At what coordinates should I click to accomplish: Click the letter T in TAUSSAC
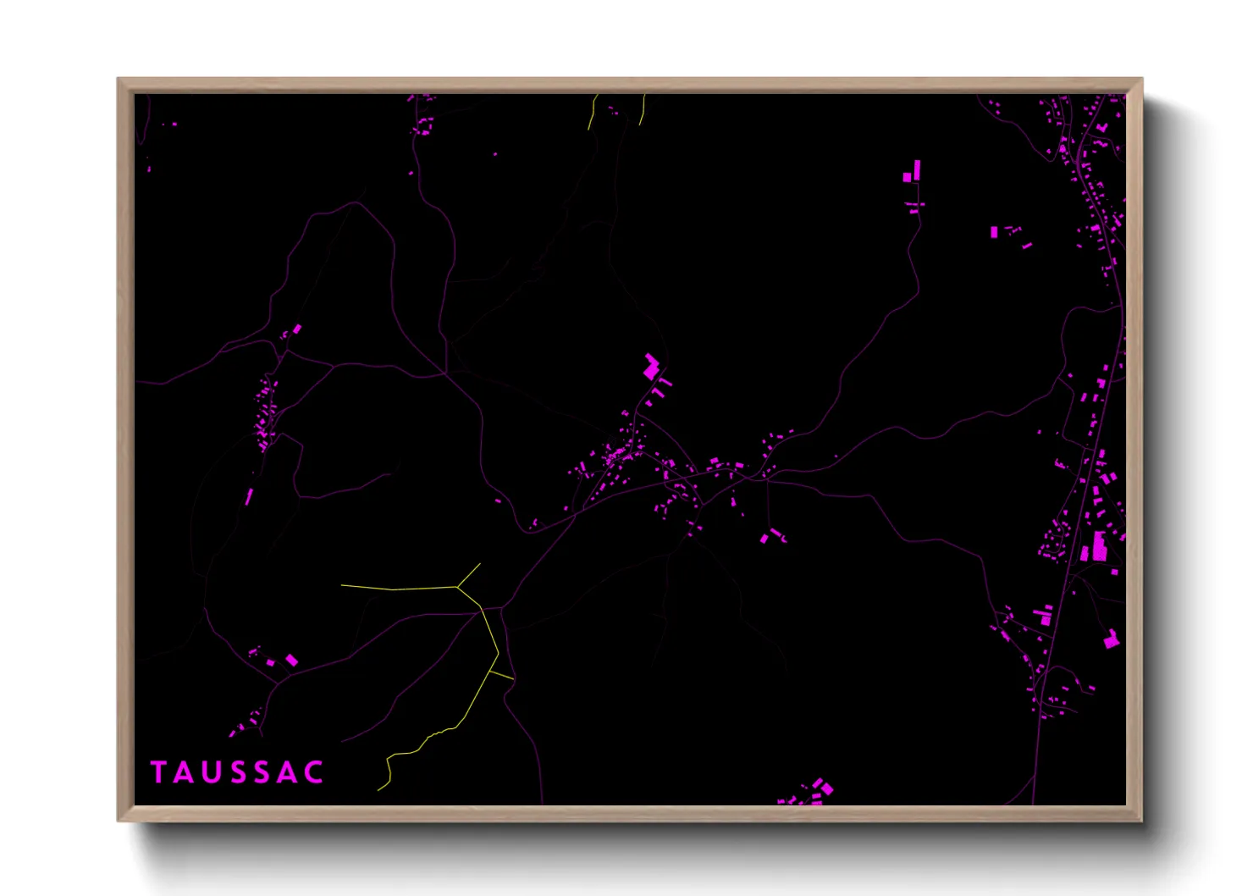[x=158, y=772]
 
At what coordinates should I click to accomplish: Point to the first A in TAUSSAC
[x=184, y=772]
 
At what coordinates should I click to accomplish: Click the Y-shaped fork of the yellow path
[x=458, y=585]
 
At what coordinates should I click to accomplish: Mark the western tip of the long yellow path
[x=343, y=585]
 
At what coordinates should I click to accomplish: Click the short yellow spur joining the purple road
[x=501, y=676]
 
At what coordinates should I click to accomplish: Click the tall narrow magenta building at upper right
[x=916, y=169]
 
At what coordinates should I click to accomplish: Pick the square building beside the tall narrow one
[x=907, y=178]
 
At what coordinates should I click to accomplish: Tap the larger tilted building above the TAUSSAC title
[x=291, y=660]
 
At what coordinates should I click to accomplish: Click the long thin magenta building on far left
[x=249, y=496]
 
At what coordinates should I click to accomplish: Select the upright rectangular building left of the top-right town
[x=994, y=232]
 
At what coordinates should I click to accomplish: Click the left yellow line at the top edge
[x=592, y=111]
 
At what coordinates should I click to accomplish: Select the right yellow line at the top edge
[x=642, y=110]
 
